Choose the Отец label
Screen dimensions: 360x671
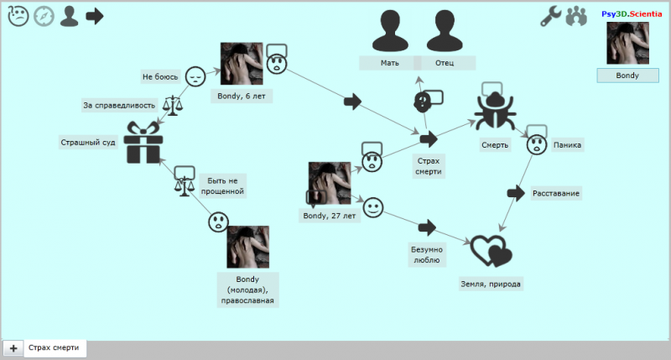tap(445, 63)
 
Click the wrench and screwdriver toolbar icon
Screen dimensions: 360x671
tap(550, 16)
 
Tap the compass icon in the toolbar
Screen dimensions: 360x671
tap(44, 16)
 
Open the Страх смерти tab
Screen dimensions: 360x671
tap(55, 347)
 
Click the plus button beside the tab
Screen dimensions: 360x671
tap(13, 347)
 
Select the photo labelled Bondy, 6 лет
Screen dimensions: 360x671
tap(241, 64)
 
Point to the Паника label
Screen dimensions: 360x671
tap(567, 144)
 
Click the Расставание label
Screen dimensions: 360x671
tap(555, 193)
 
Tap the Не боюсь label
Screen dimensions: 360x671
tap(160, 76)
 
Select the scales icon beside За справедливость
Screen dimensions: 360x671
tap(173, 105)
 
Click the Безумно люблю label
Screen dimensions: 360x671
tap(426, 254)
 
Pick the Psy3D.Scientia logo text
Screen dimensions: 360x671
tap(632, 13)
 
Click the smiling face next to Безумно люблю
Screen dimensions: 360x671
tap(373, 206)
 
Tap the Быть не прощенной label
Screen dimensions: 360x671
tap(222, 185)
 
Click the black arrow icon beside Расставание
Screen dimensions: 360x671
tap(516, 193)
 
